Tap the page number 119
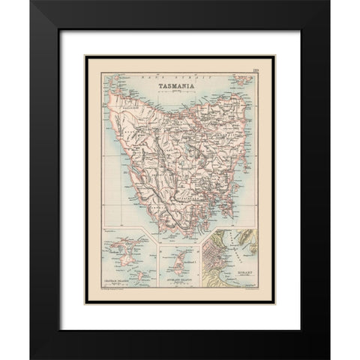point(256,70)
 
